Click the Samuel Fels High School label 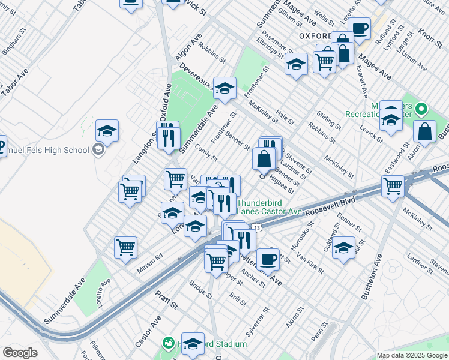[x=48, y=149]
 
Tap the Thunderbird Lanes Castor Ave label [x=269, y=207]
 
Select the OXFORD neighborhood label [x=315, y=36]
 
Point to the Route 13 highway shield [x=256, y=228]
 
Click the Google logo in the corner [x=20, y=353]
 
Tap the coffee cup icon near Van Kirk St [x=268, y=259]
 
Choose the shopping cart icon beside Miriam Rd [x=126, y=247]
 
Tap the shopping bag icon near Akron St [x=424, y=133]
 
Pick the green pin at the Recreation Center [x=421, y=110]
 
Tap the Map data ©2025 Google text [x=412, y=355]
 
